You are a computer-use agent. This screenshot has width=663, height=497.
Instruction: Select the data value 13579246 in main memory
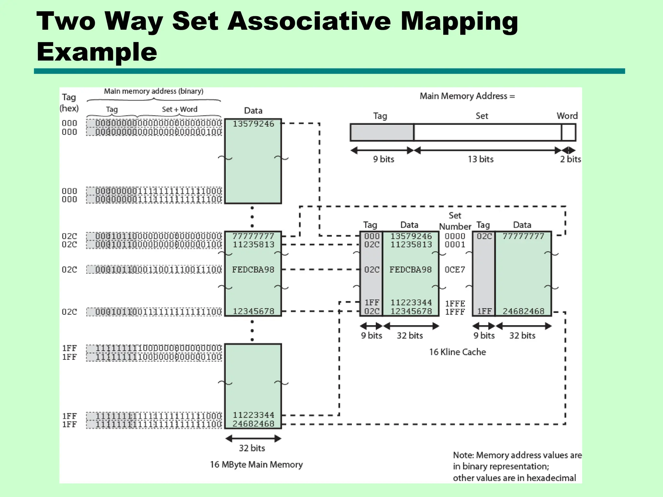[x=253, y=124]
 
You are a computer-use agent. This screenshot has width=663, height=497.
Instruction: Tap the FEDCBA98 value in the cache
[x=410, y=270]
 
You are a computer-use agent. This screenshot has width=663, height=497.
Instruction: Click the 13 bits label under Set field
[x=480, y=159]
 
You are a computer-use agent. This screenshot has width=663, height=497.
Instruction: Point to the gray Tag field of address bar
[x=382, y=133]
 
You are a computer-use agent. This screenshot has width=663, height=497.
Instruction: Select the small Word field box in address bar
[x=568, y=133]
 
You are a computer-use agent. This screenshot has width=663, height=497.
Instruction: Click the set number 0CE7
[x=455, y=270]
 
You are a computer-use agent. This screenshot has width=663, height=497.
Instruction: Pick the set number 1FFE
[x=455, y=304]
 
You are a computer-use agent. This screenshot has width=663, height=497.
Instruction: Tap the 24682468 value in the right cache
[x=523, y=311]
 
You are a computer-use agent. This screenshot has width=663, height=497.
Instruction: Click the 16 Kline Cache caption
[x=457, y=352]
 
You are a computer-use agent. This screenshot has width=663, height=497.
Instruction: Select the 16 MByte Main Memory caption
[x=256, y=465]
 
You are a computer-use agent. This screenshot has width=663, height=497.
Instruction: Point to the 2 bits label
[x=570, y=159]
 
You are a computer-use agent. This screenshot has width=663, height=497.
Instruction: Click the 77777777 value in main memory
[x=253, y=236]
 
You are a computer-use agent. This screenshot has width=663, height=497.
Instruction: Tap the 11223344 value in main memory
[x=253, y=415]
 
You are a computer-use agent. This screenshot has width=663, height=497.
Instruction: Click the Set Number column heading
[x=455, y=221]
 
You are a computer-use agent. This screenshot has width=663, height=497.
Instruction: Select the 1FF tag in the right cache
[x=484, y=311]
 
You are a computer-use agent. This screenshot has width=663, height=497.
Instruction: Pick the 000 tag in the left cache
[x=372, y=236]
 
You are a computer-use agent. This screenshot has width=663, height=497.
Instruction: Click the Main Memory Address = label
[x=467, y=96]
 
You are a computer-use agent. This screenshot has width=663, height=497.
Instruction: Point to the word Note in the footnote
[x=463, y=455]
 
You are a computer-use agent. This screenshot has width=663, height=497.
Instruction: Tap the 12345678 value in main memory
[x=253, y=311]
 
